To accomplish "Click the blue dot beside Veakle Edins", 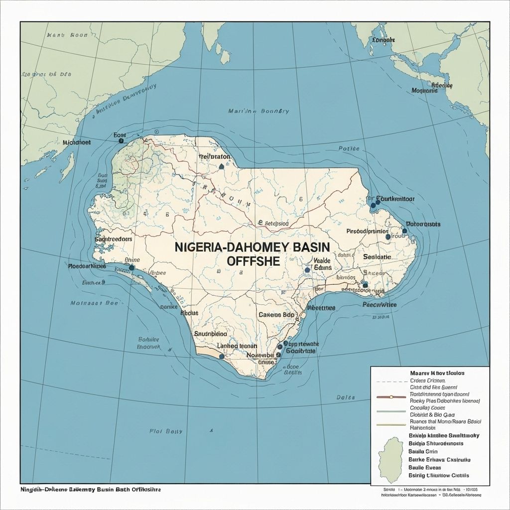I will coord(307,269).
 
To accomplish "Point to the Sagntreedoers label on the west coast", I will coord(113,239).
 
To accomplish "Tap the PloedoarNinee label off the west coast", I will coord(87,266).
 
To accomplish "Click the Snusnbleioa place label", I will coord(210,334).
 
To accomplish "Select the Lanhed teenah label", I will coord(238,346).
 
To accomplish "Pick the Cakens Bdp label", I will coord(277,315).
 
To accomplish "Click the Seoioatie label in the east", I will coord(377,256).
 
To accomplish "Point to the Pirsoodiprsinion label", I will coord(367,232).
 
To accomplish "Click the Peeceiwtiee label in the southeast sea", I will coord(379,304).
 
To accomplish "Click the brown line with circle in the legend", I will coord(391,397).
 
